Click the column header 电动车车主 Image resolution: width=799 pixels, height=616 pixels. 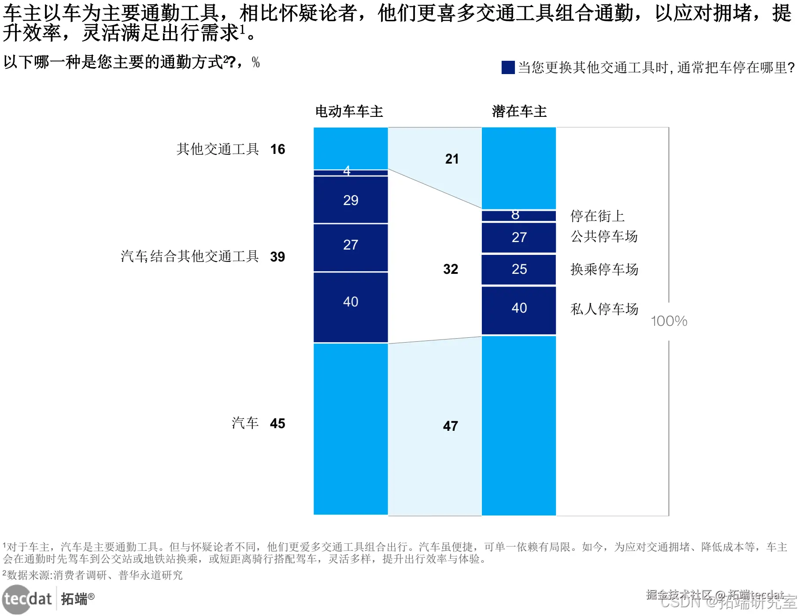point(349,112)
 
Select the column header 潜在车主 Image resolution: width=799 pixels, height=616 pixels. point(519,112)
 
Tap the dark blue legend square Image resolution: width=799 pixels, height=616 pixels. point(508,67)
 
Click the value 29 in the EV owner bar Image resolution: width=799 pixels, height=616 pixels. point(351,200)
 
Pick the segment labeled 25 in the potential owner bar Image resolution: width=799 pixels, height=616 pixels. point(519,269)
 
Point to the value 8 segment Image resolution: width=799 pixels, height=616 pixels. point(515,215)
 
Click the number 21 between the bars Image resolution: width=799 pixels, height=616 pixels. point(451,159)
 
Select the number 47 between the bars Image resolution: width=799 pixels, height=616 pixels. point(450,426)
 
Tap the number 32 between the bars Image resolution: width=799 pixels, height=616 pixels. point(450,269)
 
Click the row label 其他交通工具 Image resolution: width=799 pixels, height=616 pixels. point(218,149)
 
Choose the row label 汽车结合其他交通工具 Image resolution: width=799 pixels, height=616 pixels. point(189,256)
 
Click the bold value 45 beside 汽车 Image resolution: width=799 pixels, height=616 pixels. point(277,423)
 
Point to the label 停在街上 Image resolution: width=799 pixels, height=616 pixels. point(597,216)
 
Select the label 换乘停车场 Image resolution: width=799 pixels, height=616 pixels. point(604,269)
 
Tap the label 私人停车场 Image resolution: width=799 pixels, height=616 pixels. point(604,309)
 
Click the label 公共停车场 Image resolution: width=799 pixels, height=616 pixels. point(604,236)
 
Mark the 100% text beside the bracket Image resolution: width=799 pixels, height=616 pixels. point(669,321)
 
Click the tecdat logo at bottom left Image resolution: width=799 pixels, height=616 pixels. point(27,599)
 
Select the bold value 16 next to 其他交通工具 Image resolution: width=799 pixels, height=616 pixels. point(277,149)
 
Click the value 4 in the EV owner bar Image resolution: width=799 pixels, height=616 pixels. point(347,171)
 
